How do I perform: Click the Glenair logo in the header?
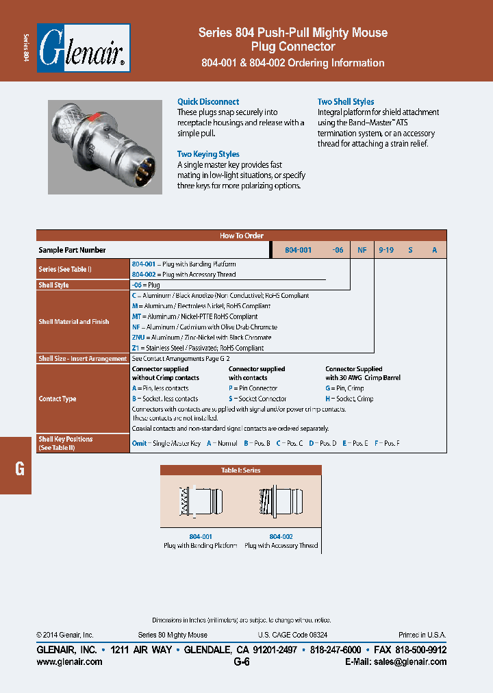[x=83, y=49]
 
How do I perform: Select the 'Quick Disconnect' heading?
[x=208, y=101]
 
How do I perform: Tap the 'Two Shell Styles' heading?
[x=346, y=101]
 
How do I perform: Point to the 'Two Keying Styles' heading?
[x=208, y=154]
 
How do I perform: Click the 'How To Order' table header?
[x=241, y=236]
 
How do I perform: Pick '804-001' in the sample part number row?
[x=298, y=250]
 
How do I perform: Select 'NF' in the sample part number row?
[x=362, y=250]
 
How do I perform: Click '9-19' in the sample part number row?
[x=385, y=250]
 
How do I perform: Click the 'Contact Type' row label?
[x=58, y=399]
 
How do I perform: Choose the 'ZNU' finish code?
[x=138, y=338]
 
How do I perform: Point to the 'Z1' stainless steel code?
[x=136, y=348]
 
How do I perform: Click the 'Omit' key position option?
[x=139, y=444]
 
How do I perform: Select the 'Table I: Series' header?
[x=240, y=470]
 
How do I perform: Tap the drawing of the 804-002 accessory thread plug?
[x=281, y=502]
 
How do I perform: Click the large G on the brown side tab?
[x=20, y=469]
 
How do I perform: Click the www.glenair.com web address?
[x=69, y=661]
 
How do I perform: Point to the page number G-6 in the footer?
[x=241, y=661]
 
